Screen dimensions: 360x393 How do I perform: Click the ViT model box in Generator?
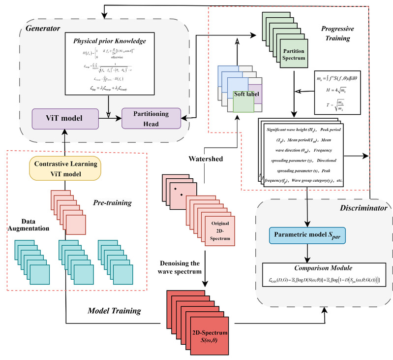(x=66, y=118)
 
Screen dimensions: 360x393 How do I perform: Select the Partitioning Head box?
(x=151, y=118)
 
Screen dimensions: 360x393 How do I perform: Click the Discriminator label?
(x=361, y=209)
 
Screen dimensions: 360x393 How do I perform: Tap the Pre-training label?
(x=114, y=202)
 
